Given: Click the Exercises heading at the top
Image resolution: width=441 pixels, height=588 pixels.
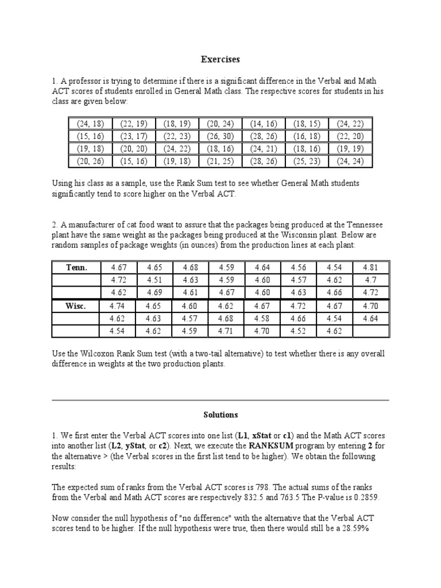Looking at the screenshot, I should tap(220, 59).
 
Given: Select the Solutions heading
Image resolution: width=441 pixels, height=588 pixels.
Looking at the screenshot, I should tap(220, 414).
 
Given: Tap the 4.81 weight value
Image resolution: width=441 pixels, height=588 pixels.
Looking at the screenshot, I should tap(371, 268).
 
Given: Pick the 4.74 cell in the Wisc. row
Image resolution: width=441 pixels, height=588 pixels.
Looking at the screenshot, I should tap(118, 306).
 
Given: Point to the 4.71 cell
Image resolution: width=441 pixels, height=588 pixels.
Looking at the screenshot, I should tap(226, 331).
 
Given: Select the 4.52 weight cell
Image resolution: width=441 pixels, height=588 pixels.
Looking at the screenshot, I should tap(299, 331).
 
